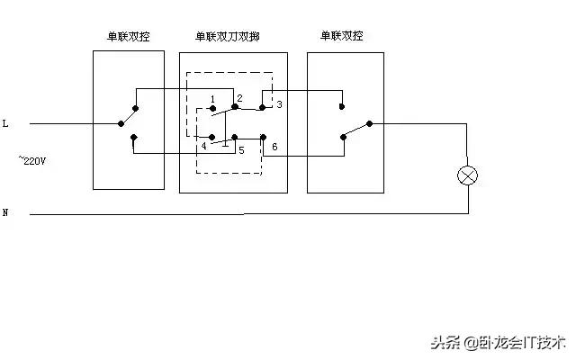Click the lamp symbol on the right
pos(467,175)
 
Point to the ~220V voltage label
pos(33,160)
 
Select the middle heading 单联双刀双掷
pos(232,37)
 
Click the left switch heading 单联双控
pos(128,37)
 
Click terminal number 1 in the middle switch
pos(212,98)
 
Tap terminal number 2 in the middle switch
pos(239,96)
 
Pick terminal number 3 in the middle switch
pos(280,104)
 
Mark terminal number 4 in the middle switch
pos(204,145)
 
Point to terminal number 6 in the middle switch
pos(274,146)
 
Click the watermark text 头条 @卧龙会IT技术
pos(497,343)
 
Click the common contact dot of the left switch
pos(120,123)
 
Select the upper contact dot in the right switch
pos(342,106)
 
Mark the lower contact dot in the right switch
pos(342,138)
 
